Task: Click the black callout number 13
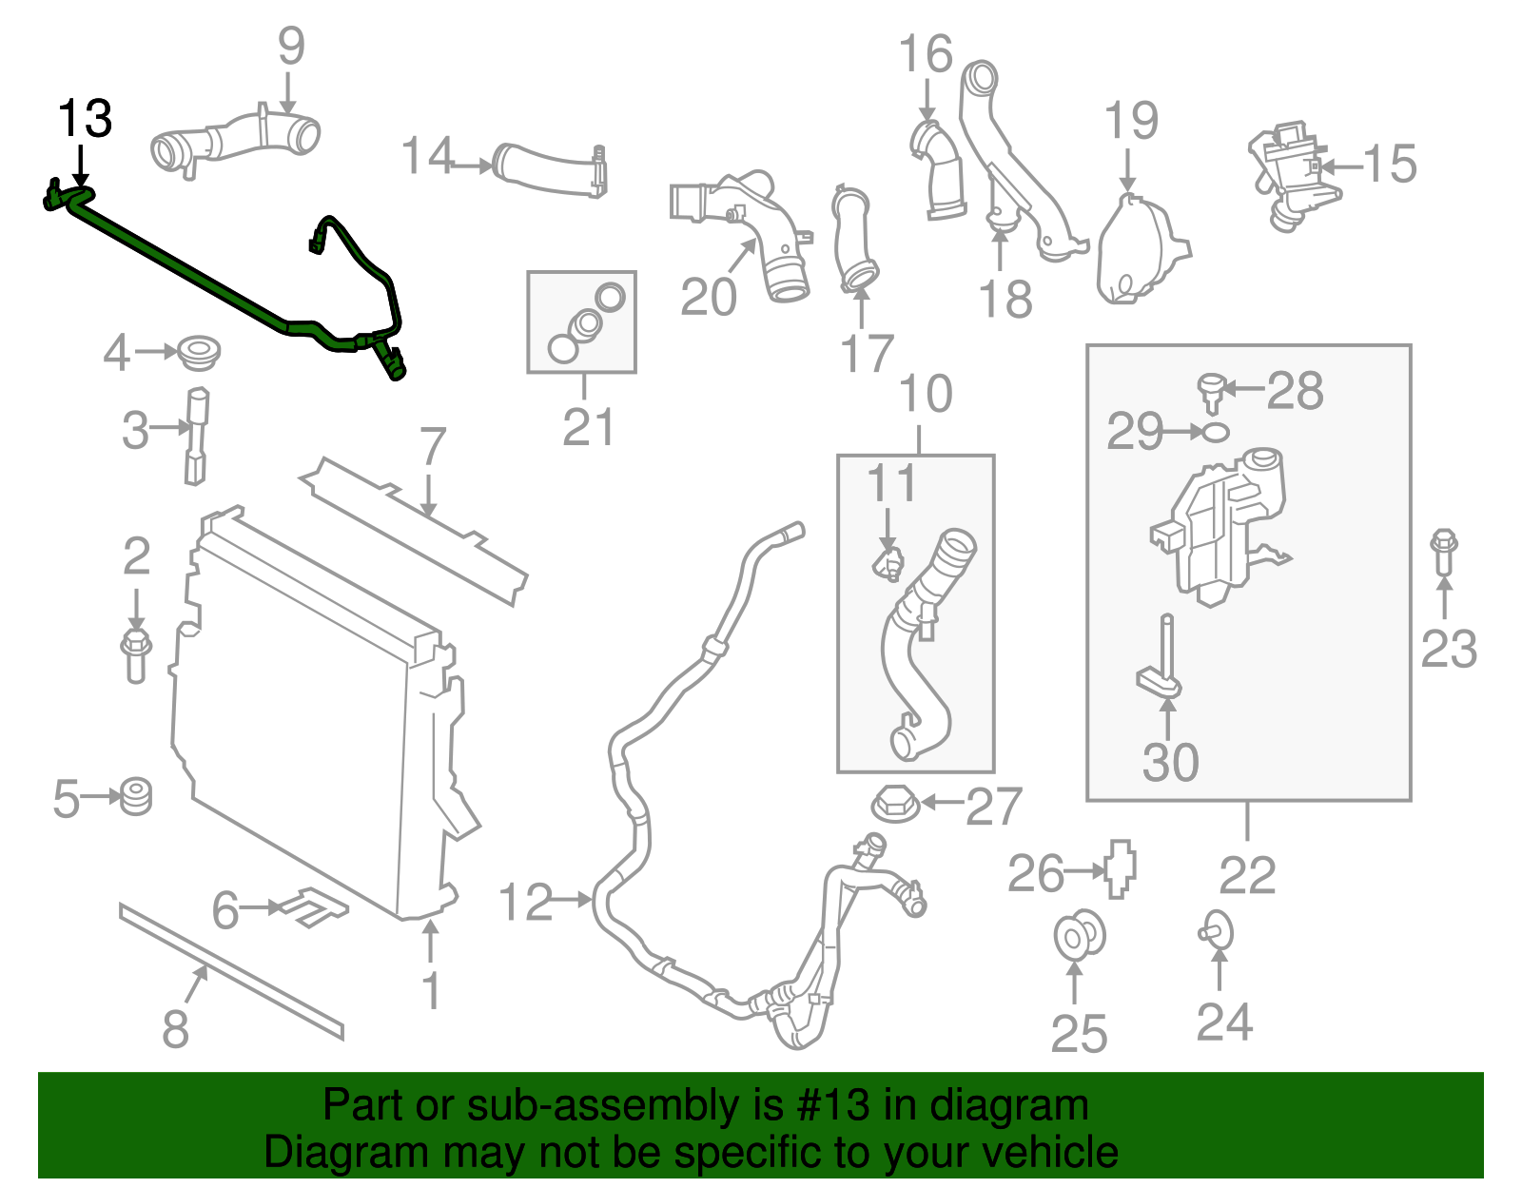pyautogui.click(x=85, y=119)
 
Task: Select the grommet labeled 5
pyautogui.click(x=137, y=795)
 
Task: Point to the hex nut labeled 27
pyautogui.click(x=894, y=804)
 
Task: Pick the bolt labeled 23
pyautogui.click(x=1443, y=551)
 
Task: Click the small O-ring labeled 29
pyautogui.click(x=1215, y=432)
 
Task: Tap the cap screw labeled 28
pyautogui.click(x=1210, y=392)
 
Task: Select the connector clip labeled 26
pyautogui.click(x=1121, y=867)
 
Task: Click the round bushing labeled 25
pyautogui.click(x=1079, y=936)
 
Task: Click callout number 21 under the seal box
pyautogui.click(x=588, y=427)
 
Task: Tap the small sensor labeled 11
pyautogui.click(x=888, y=564)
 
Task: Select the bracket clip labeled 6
pyautogui.click(x=312, y=906)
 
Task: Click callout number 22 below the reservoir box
pyautogui.click(x=1247, y=875)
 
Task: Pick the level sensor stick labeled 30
pyautogui.click(x=1162, y=656)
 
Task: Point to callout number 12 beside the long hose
pyautogui.click(x=525, y=901)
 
